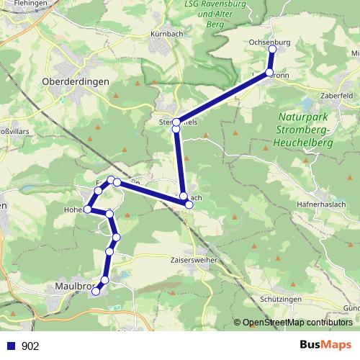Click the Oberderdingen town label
76,81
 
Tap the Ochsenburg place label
269,42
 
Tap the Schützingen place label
279,297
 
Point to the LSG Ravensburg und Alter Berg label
215,14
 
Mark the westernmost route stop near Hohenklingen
87,210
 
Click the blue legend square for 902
10,346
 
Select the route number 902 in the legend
30,346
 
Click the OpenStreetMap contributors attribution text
297,323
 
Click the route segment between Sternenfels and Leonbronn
223,97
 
